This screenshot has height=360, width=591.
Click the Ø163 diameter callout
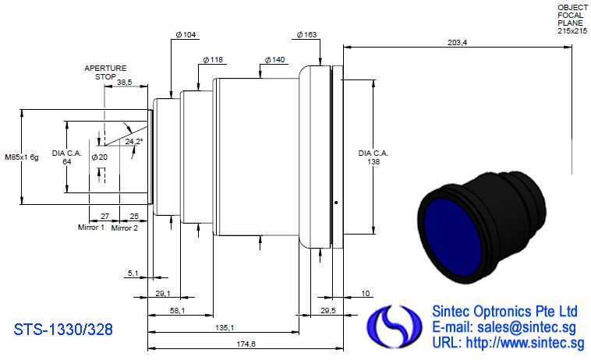click(x=306, y=34)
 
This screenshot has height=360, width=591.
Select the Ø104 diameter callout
click(x=186, y=34)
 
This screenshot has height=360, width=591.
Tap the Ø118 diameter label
click(x=213, y=60)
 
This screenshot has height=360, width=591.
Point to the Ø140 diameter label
click(x=274, y=60)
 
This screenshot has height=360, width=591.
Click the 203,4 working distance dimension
click(x=457, y=43)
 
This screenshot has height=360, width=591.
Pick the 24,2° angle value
click(x=134, y=142)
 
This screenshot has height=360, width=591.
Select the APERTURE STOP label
click(x=105, y=72)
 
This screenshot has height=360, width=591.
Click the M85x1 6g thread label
click(x=22, y=157)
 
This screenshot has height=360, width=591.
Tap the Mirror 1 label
click(x=91, y=228)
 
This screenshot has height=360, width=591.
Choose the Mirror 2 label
click(x=125, y=228)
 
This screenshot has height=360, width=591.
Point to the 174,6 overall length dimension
click(x=246, y=344)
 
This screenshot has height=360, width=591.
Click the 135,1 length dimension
click(x=225, y=327)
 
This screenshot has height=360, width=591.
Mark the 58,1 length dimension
click(x=178, y=311)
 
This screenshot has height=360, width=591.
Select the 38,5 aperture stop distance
click(x=125, y=82)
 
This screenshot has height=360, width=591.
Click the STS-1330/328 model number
click(x=63, y=330)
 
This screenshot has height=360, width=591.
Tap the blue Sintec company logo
click(x=395, y=326)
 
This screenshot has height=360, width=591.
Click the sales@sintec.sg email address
click(x=526, y=327)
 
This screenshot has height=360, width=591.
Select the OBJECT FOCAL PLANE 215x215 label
click(x=572, y=19)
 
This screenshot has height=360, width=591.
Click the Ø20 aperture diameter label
click(x=100, y=157)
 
